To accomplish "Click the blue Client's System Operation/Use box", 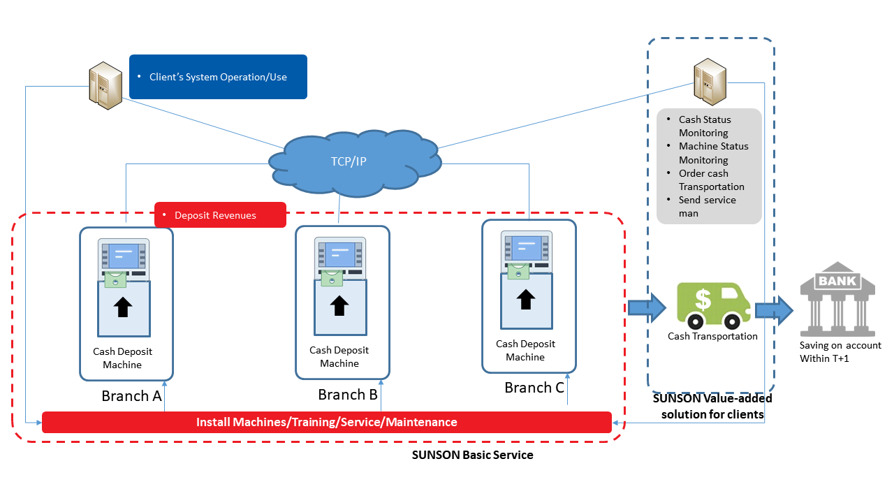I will click(218, 77).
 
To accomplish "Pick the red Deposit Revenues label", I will click(220, 215).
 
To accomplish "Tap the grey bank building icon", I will click(838, 300).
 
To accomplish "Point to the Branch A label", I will click(131, 396).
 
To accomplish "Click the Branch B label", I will click(348, 395).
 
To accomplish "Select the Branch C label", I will click(534, 388).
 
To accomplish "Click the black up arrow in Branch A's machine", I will click(123, 307).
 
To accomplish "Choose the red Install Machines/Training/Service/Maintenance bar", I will click(327, 423).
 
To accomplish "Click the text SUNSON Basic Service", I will click(472, 455).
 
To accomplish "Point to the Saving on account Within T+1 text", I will click(840, 352).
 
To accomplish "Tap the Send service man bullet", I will click(707, 207).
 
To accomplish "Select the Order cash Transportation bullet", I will click(711, 180).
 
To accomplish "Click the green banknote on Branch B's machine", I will click(332, 279).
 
